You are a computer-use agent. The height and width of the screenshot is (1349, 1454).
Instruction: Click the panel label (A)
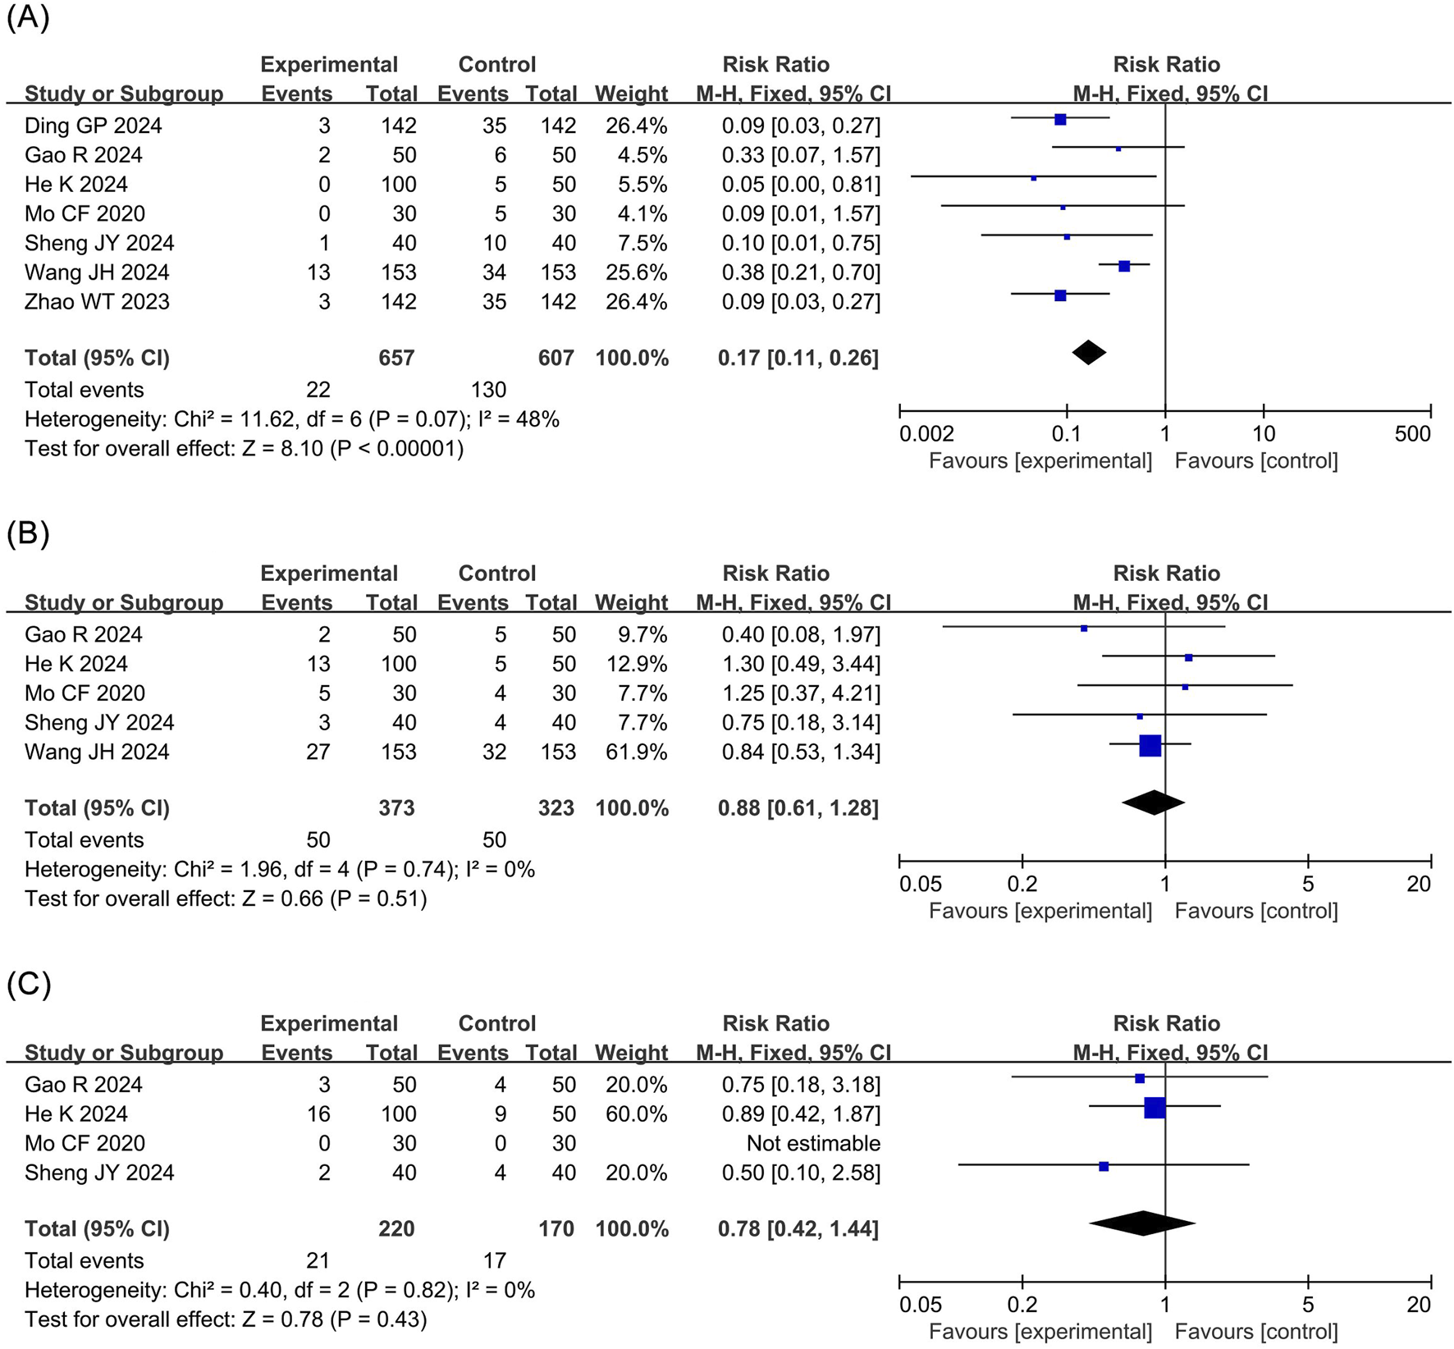28,17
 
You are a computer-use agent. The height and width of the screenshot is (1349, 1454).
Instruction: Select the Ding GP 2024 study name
93,126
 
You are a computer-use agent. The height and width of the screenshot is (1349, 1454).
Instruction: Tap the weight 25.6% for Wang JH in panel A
631,272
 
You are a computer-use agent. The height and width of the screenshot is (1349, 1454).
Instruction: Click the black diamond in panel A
1089,353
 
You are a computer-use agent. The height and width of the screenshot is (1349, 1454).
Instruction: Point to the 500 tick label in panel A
1412,434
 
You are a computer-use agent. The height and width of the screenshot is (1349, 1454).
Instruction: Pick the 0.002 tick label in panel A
926,434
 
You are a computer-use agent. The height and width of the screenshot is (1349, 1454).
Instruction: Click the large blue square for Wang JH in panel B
1150,746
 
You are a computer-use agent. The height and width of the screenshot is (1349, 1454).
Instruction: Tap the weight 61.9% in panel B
631,752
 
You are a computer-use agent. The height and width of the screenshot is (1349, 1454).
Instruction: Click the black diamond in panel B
1153,803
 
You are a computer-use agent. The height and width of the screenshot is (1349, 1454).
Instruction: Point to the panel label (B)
28,533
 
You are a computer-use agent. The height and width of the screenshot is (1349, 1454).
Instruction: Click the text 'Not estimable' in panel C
813,1143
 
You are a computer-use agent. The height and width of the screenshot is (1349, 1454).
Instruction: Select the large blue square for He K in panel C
1155,1108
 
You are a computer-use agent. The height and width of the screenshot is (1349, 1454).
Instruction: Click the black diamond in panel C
1142,1223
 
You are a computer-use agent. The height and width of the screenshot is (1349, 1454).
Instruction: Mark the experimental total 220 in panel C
396,1229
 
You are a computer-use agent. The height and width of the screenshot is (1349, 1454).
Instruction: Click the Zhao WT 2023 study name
97,302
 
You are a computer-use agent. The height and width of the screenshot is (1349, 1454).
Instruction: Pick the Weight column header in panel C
631,1053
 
